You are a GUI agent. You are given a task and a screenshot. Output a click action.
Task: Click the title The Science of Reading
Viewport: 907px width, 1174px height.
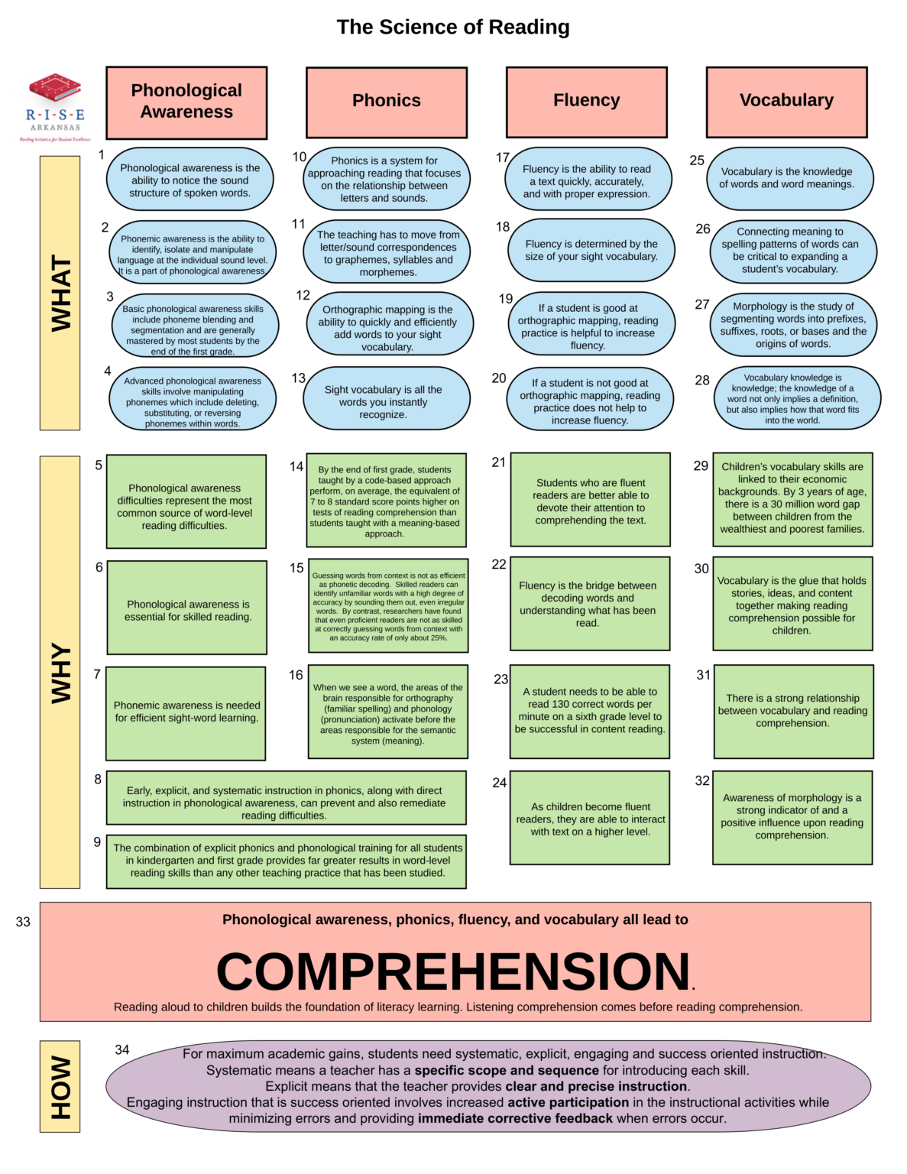pyautogui.click(x=453, y=28)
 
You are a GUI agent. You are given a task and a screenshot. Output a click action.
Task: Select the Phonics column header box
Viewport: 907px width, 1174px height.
pyautogui.click(x=387, y=102)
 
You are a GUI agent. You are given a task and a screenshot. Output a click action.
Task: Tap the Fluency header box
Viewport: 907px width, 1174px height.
pyautogui.click(x=587, y=101)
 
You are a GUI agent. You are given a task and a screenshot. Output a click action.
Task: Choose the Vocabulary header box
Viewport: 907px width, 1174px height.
pyautogui.click(x=786, y=101)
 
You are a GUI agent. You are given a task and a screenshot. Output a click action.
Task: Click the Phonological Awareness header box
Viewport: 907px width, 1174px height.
pyautogui.click(x=186, y=102)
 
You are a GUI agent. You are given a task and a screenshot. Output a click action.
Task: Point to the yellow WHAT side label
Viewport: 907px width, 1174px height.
pyautogui.click(x=60, y=293)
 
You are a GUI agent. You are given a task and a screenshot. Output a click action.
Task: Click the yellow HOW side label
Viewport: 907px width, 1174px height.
pyautogui.click(x=60, y=1085)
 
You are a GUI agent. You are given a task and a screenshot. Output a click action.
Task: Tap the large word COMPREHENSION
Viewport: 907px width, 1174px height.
pyautogui.click(x=454, y=971)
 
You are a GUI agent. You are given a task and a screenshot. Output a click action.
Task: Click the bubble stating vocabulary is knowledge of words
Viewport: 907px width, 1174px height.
pyautogui.click(x=786, y=178)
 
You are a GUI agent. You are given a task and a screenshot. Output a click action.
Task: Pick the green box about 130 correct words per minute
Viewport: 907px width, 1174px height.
pyautogui.click(x=590, y=711)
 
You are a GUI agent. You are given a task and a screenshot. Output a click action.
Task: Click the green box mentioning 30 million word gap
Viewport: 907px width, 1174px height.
pyautogui.click(x=792, y=498)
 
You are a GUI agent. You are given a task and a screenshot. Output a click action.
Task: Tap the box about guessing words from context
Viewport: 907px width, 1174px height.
pyautogui.click(x=388, y=606)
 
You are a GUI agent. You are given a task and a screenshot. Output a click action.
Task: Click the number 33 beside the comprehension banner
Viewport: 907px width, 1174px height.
pyautogui.click(x=23, y=922)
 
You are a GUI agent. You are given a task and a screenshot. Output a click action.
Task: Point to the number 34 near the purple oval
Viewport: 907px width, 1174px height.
pyautogui.click(x=122, y=1049)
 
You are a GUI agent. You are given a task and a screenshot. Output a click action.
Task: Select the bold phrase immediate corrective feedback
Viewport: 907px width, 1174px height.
pyautogui.click(x=515, y=1118)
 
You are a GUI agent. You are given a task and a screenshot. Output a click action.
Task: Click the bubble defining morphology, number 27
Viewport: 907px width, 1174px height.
pyautogui.click(x=793, y=325)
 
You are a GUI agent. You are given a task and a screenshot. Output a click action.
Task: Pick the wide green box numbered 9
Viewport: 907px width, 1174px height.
pyautogui.click(x=287, y=861)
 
